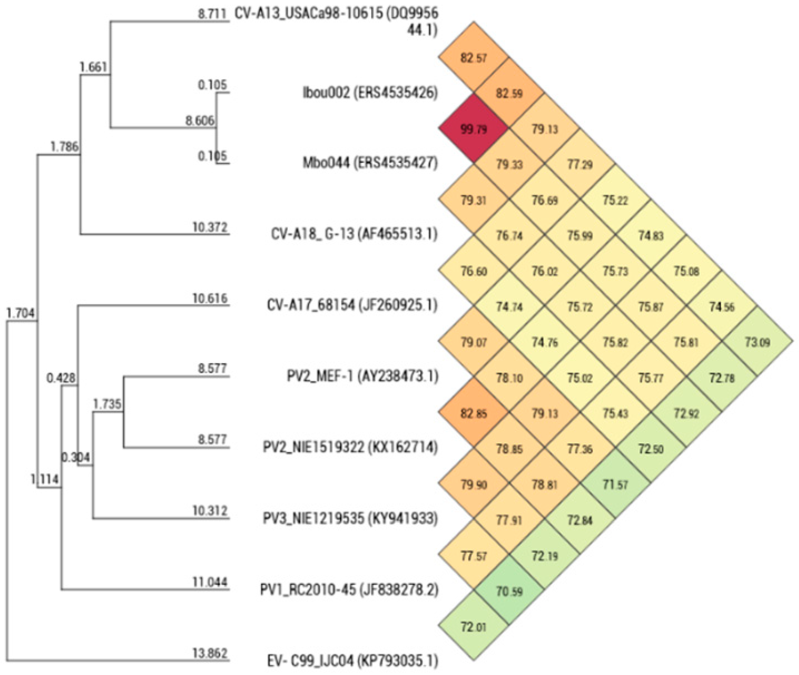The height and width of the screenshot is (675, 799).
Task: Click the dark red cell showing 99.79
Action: coord(474,129)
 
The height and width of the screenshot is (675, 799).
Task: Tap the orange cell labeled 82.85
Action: coord(474,414)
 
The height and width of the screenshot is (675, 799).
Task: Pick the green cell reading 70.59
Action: coord(509,592)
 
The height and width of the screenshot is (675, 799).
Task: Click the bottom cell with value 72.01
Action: coord(474,627)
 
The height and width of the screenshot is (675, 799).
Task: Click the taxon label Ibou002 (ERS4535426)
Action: coord(370,93)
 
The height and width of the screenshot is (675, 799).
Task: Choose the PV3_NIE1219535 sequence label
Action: coord(350,519)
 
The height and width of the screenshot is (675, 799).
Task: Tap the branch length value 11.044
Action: coord(210,582)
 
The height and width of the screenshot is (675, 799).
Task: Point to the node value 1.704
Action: coord(21,313)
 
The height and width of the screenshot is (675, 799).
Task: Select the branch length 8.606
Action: coord(200,121)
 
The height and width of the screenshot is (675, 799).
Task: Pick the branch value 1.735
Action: coord(107,404)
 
